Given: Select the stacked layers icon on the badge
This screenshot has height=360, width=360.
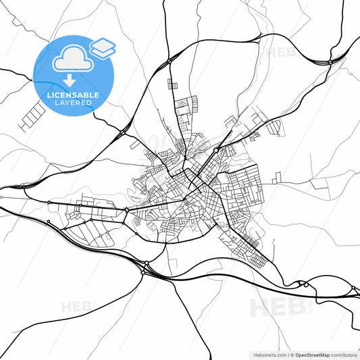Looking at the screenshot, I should [103, 47].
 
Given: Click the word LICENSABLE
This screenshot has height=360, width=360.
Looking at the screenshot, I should [73, 96].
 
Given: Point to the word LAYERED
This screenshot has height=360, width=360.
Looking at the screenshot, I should [73, 103].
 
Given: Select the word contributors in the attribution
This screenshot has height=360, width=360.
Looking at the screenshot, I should [344, 354].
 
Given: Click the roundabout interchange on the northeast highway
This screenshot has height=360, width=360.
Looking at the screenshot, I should [329, 61].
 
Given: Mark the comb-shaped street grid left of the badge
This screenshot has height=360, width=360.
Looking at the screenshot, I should [30, 116].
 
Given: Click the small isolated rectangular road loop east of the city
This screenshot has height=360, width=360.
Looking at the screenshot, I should [277, 178].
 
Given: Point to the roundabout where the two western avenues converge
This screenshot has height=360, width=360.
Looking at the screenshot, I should [126, 210].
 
